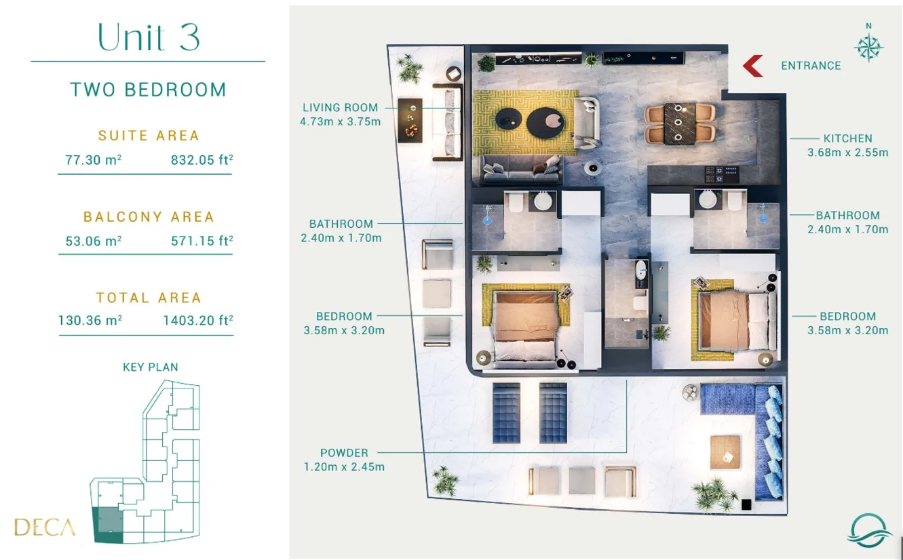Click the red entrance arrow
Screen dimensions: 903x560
pyautogui.click(x=752, y=66)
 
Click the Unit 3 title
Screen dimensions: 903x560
pyautogui.click(x=149, y=37)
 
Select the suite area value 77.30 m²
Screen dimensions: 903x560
pyautogui.click(x=94, y=160)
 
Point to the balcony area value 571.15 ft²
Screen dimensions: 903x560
pyautogui.click(x=202, y=241)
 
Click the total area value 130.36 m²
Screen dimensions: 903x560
pyautogui.click(x=90, y=320)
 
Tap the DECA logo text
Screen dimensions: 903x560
pyautogui.click(x=45, y=527)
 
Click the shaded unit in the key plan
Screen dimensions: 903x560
pyautogui.click(x=108, y=525)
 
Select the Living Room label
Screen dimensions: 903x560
pyautogui.click(x=341, y=108)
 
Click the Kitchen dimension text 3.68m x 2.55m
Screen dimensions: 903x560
pyautogui.click(x=848, y=153)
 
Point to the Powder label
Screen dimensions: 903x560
pyautogui.click(x=344, y=453)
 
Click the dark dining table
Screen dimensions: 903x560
pyautogui.click(x=680, y=123)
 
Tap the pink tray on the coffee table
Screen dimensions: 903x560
pyautogui.click(x=554, y=119)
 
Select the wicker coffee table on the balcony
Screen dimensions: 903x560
pyautogui.click(x=725, y=452)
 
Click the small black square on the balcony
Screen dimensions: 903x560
pyautogui.click(x=746, y=504)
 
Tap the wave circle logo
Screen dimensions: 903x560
pyautogui.click(x=868, y=530)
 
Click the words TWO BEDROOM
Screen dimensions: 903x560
pyautogui.click(x=149, y=89)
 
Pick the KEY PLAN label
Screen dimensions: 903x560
pyautogui.click(x=151, y=367)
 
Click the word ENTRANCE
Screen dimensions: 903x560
pyautogui.click(x=811, y=66)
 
